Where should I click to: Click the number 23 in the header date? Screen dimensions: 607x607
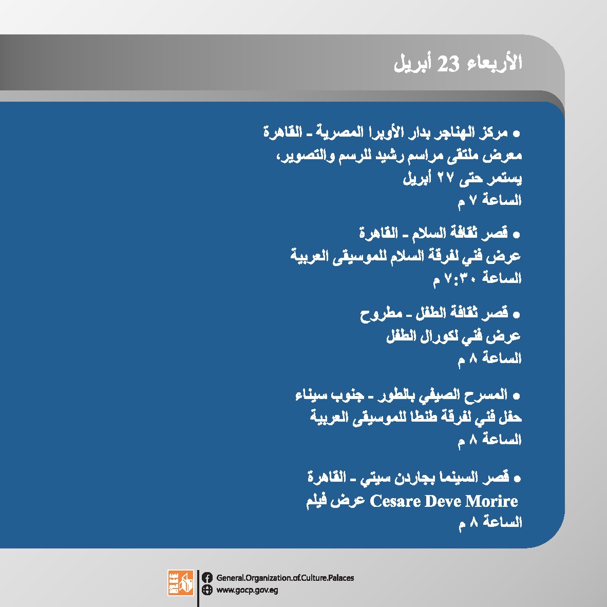(x=448, y=64)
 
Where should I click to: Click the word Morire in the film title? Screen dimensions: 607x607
(x=491, y=501)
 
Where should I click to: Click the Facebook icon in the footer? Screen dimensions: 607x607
(x=207, y=578)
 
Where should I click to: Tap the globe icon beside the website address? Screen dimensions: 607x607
(x=207, y=590)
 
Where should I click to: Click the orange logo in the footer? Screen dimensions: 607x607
(x=180, y=583)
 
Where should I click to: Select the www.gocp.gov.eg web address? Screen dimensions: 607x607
(x=247, y=591)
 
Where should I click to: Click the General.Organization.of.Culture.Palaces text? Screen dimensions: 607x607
(x=285, y=578)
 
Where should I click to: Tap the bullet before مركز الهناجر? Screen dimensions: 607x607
(x=516, y=135)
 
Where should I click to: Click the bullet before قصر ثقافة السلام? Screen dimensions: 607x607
(x=516, y=235)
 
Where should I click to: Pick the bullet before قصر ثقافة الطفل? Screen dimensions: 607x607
(x=516, y=315)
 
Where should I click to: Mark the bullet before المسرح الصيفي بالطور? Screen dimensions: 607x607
(x=516, y=396)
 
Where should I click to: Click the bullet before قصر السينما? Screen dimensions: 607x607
(x=517, y=479)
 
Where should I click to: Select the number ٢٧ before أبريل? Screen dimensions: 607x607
(x=445, y=178)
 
